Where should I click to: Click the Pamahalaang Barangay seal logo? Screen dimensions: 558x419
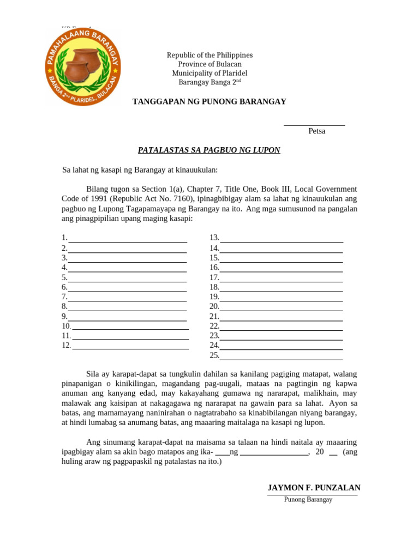coord(82,66)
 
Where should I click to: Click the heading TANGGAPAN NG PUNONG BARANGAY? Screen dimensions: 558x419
coord(209,102)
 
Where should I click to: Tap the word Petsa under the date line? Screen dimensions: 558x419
coord(316,131)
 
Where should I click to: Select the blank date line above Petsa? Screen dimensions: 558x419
coord(314,125)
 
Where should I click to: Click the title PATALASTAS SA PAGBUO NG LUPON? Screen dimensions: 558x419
coord(209,150)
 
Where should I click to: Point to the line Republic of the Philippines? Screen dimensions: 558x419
coord(209,55)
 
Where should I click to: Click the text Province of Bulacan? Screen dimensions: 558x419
coord(209,64)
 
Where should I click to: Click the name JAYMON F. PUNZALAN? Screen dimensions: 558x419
coord(314,488)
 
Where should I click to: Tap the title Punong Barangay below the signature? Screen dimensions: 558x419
coord(308,500)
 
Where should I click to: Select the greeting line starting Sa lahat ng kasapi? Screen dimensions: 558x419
coord(140,171)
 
